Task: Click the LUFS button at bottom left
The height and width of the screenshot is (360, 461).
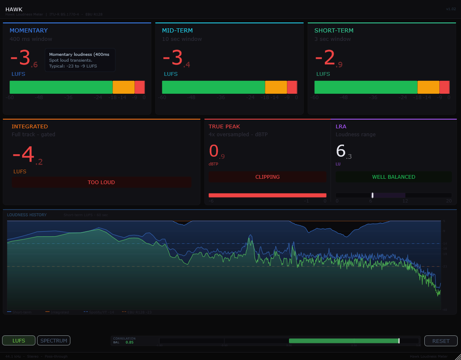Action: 19,340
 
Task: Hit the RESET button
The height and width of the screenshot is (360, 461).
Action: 441,341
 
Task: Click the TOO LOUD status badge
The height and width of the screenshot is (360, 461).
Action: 101,182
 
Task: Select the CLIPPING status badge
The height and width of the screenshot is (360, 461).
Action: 267,177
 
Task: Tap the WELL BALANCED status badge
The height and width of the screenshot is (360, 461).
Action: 394,177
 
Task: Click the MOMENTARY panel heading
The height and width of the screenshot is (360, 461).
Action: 29,30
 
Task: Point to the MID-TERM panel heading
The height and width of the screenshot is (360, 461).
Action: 177,30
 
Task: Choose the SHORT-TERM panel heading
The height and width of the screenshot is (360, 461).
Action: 334,30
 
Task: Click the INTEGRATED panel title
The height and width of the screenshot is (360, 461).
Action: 30,126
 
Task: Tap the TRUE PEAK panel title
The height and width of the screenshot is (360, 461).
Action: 224,126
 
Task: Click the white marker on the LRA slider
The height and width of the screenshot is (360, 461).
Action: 372,195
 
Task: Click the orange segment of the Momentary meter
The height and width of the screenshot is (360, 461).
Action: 124,87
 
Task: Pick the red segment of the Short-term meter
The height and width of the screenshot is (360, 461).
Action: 444,87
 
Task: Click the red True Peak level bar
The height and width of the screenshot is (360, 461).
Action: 267,195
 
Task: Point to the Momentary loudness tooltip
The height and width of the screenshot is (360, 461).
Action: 80,60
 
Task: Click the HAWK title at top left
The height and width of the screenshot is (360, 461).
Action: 14,9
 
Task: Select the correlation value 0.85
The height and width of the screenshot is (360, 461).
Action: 130,342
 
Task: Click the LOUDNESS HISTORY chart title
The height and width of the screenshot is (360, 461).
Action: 27,215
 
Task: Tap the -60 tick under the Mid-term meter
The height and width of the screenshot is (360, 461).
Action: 162,97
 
